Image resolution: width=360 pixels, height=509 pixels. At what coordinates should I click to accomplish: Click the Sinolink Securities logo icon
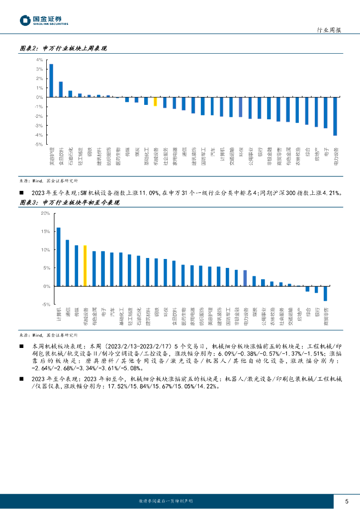25,20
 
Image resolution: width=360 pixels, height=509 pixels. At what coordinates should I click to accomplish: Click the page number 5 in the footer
347,501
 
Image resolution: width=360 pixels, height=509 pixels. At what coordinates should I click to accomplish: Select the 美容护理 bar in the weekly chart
51,81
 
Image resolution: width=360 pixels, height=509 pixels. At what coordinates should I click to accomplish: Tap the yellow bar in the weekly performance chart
155,101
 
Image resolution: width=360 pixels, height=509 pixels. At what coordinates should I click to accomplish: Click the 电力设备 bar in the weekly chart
335,116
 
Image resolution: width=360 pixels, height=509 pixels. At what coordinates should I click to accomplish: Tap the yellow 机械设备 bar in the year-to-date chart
85,265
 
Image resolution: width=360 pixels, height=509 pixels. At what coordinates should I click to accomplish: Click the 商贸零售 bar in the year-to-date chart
325,293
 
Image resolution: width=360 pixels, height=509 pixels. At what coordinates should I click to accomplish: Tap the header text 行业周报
329,30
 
